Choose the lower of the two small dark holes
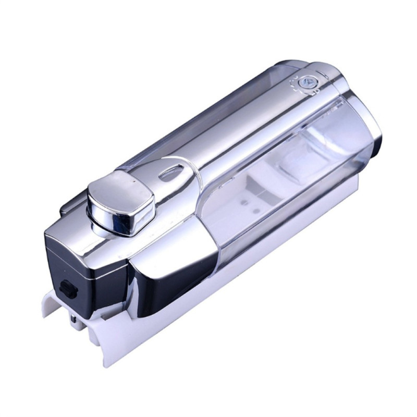click(256, 211)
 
